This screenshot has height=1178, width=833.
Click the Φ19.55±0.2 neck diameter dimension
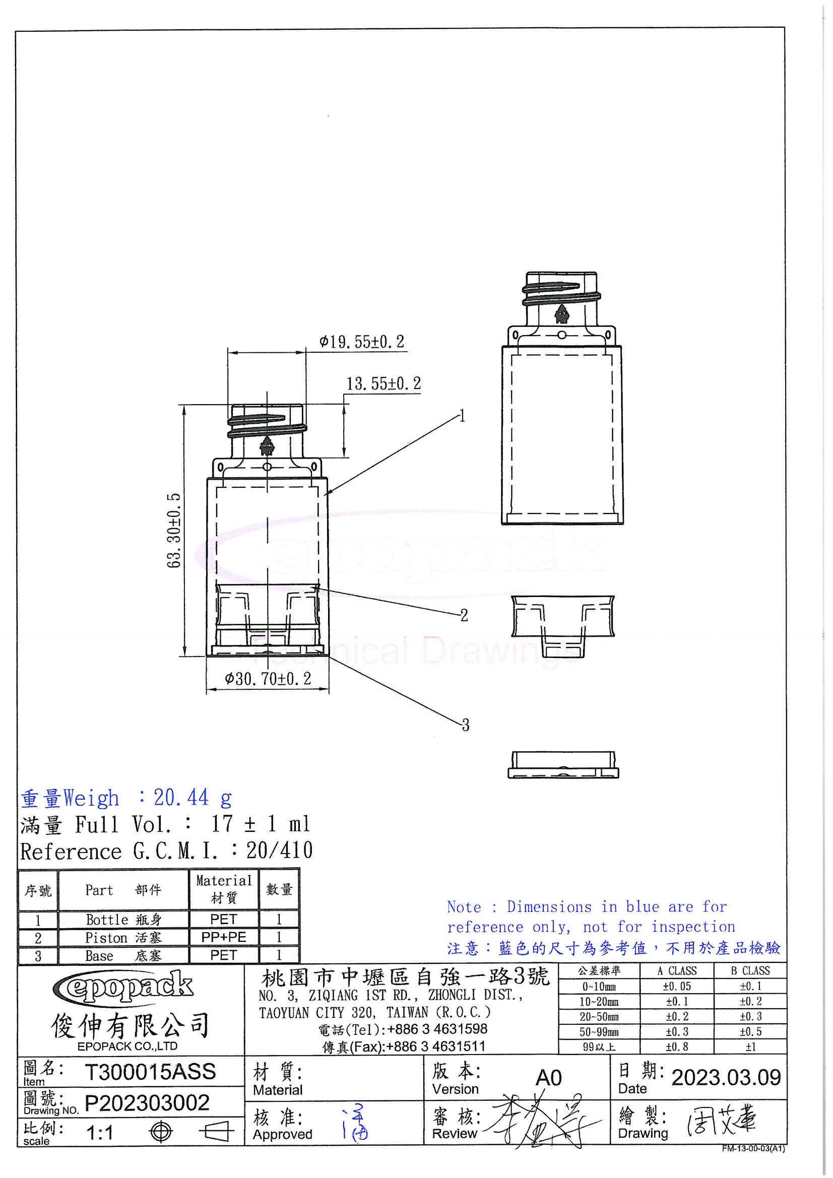click(x=362, y=342)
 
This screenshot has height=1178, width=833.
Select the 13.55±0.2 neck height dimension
click(x=383, y=384)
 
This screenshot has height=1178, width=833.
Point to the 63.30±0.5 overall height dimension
click(x=174, y=530)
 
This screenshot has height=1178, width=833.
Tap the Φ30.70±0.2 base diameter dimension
click(x=268, y=679)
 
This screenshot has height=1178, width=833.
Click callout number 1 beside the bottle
click(x=463, y=416)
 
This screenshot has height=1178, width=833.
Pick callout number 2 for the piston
click(x=464, y=615)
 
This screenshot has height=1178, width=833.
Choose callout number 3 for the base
click(x=465, y=725)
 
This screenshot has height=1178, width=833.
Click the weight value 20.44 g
click(x=193, y=798)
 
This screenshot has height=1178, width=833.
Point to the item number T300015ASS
click(x=150, y=1072)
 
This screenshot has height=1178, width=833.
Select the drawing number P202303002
click(x=147, y=1102)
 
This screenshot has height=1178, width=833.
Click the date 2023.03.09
click(x=726, y=1077)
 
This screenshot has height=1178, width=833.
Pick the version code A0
click(x=548, y=1078)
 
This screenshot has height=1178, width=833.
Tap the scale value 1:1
click(x=100, y=1132)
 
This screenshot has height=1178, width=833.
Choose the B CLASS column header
click(x=750, y=971)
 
